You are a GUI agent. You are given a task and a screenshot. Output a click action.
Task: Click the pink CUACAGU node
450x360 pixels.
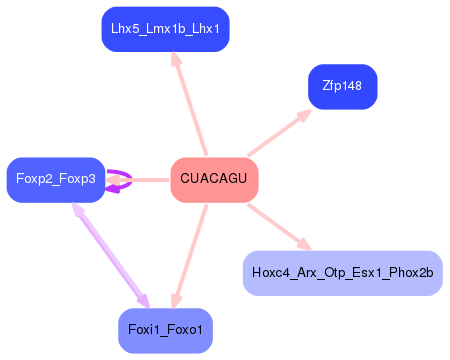coord(214,179)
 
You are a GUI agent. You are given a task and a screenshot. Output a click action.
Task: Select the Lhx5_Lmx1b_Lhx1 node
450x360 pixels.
coord(166,29)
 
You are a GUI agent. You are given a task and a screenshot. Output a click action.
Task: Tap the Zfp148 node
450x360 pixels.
coord(342,87)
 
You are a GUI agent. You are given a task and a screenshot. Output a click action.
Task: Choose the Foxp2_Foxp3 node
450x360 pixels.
coord(56,179)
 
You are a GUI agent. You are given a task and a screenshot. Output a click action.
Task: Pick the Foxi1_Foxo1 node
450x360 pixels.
coord(165,330)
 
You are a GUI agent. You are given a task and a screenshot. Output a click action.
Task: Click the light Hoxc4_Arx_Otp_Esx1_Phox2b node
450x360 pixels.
coord(342,273)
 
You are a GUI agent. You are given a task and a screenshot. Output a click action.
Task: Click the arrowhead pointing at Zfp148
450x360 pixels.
coord(303,115)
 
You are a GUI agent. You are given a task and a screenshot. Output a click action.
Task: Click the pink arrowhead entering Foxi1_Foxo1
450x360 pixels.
coord(176,299)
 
